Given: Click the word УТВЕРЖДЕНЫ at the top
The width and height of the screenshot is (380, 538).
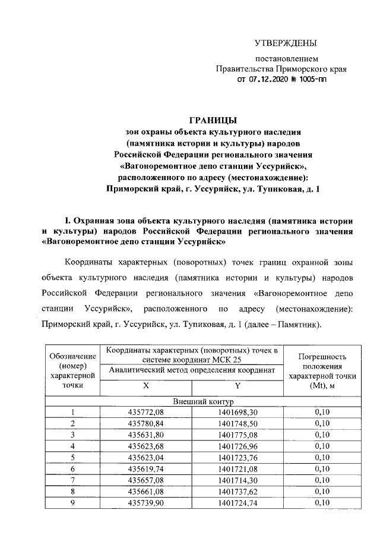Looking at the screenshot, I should click(286, 43).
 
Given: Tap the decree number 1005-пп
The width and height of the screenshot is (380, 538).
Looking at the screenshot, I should click(313, 78).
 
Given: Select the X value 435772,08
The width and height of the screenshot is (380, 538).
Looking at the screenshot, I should click(144, 413).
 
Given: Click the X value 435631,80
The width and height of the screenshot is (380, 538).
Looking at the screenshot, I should click(144, 435).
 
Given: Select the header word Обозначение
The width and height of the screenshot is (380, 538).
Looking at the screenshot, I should click(72, 355).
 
